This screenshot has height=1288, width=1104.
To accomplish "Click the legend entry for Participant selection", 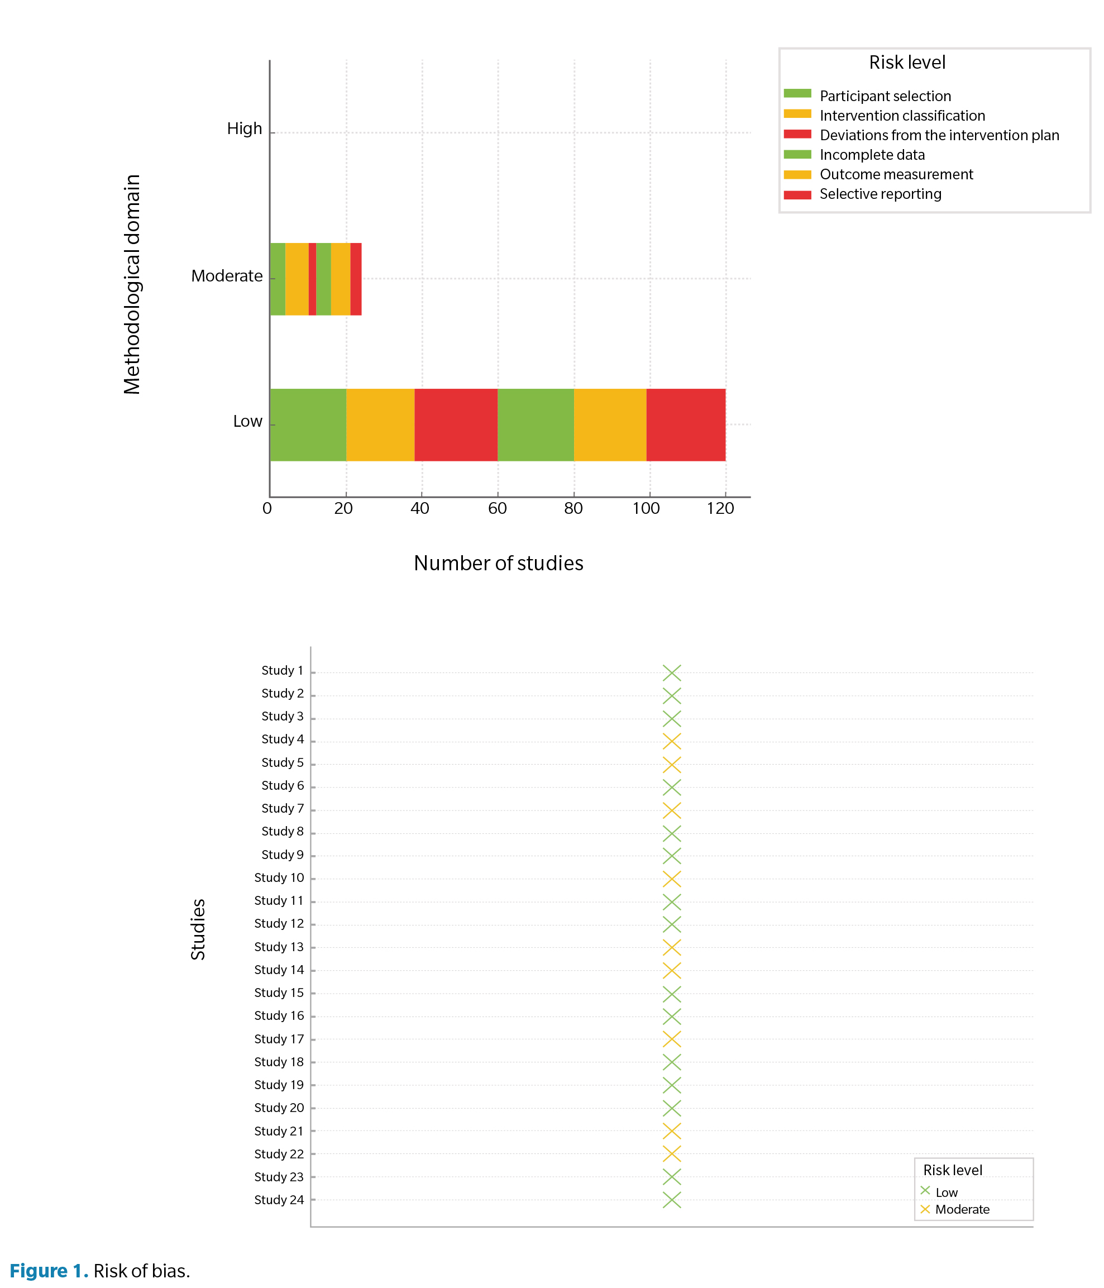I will pos(885,96).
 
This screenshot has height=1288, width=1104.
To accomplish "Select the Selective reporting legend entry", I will pos(880,194).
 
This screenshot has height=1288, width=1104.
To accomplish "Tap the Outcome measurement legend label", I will pos(896,175).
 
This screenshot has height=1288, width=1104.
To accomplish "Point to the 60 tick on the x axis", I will pos(498,508).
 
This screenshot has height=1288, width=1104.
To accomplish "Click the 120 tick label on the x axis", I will pos(720,508).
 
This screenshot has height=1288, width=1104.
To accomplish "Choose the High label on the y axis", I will pos(244,128).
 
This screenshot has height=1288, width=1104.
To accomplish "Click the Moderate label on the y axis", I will pos(227,276).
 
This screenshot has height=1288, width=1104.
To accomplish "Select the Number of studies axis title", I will pos(499,563).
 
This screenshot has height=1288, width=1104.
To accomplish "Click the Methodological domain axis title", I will pos(132,284).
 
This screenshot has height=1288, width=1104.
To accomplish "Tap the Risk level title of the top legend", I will pos(907,63).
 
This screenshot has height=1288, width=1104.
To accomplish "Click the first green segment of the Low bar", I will pos(308,424).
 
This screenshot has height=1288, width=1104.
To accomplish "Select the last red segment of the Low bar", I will pos(686,424).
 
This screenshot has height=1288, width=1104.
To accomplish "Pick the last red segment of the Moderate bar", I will pos(356,279).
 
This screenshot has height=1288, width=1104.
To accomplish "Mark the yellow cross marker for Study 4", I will pos(672,742).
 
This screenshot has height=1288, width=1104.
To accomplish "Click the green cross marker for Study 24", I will pos(672,1200).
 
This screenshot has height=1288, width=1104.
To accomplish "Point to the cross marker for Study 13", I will pos(672,947).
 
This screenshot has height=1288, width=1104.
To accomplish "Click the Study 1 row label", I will pos(282,671).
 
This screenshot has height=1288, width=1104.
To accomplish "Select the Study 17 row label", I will pos(279,1039).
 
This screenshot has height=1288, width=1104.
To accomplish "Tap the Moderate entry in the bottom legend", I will pos(962,1209).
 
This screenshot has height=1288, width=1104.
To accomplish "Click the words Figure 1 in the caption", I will pos(49,1271).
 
